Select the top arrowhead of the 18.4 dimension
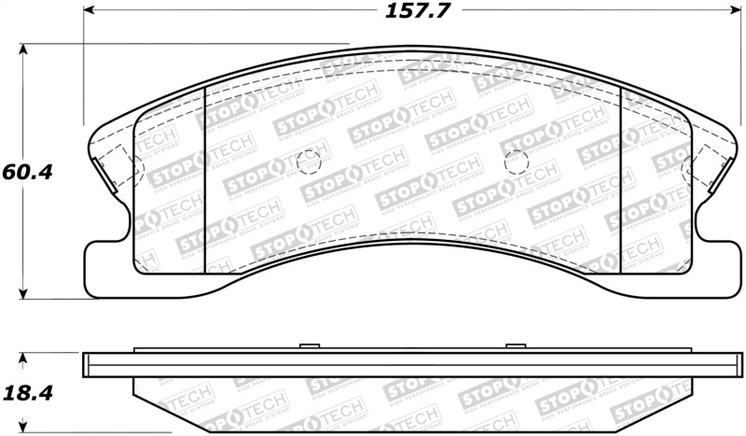pyautogui.click(x=25, y=358)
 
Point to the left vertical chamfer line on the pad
pyautogui.click(x=204, y=177)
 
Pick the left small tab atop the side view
pyautogui.click(x=306, y=347)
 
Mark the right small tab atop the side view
pyautogui.click(x=515, y=347)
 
